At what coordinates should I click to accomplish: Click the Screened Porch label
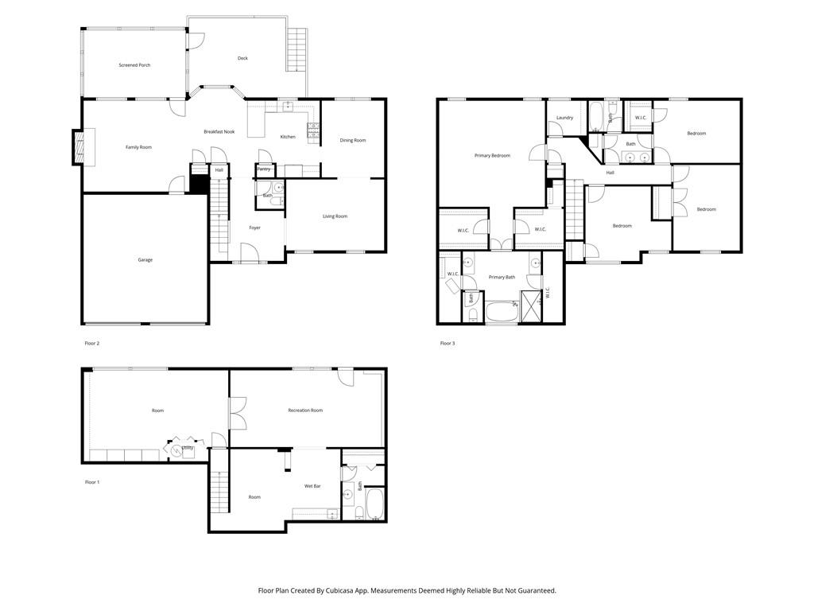[134, 65]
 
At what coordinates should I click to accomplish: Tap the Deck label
[242, 58]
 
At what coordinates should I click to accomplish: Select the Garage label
[145, 260]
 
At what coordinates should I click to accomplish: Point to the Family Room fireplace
[78, 147]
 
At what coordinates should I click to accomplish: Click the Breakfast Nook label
[219, 132]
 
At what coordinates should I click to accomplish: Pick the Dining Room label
[353, 140]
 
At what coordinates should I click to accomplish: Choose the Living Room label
[335, 216]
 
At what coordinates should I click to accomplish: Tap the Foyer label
[254, 228]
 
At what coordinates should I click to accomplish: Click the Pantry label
[264, 169]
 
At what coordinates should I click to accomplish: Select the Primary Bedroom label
[492, 155]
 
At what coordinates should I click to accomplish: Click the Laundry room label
[565, 118]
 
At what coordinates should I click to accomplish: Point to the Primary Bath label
[502, 278]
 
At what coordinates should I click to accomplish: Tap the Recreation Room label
[305, 411]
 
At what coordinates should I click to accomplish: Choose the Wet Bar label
[312, 486]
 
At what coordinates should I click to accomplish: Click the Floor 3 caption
[448, 344]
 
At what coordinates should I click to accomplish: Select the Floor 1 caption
[92, 482]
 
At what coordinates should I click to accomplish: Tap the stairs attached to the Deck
[297, 50]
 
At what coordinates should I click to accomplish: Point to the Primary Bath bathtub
[502, 311]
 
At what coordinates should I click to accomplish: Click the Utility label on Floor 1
[188, 448]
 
